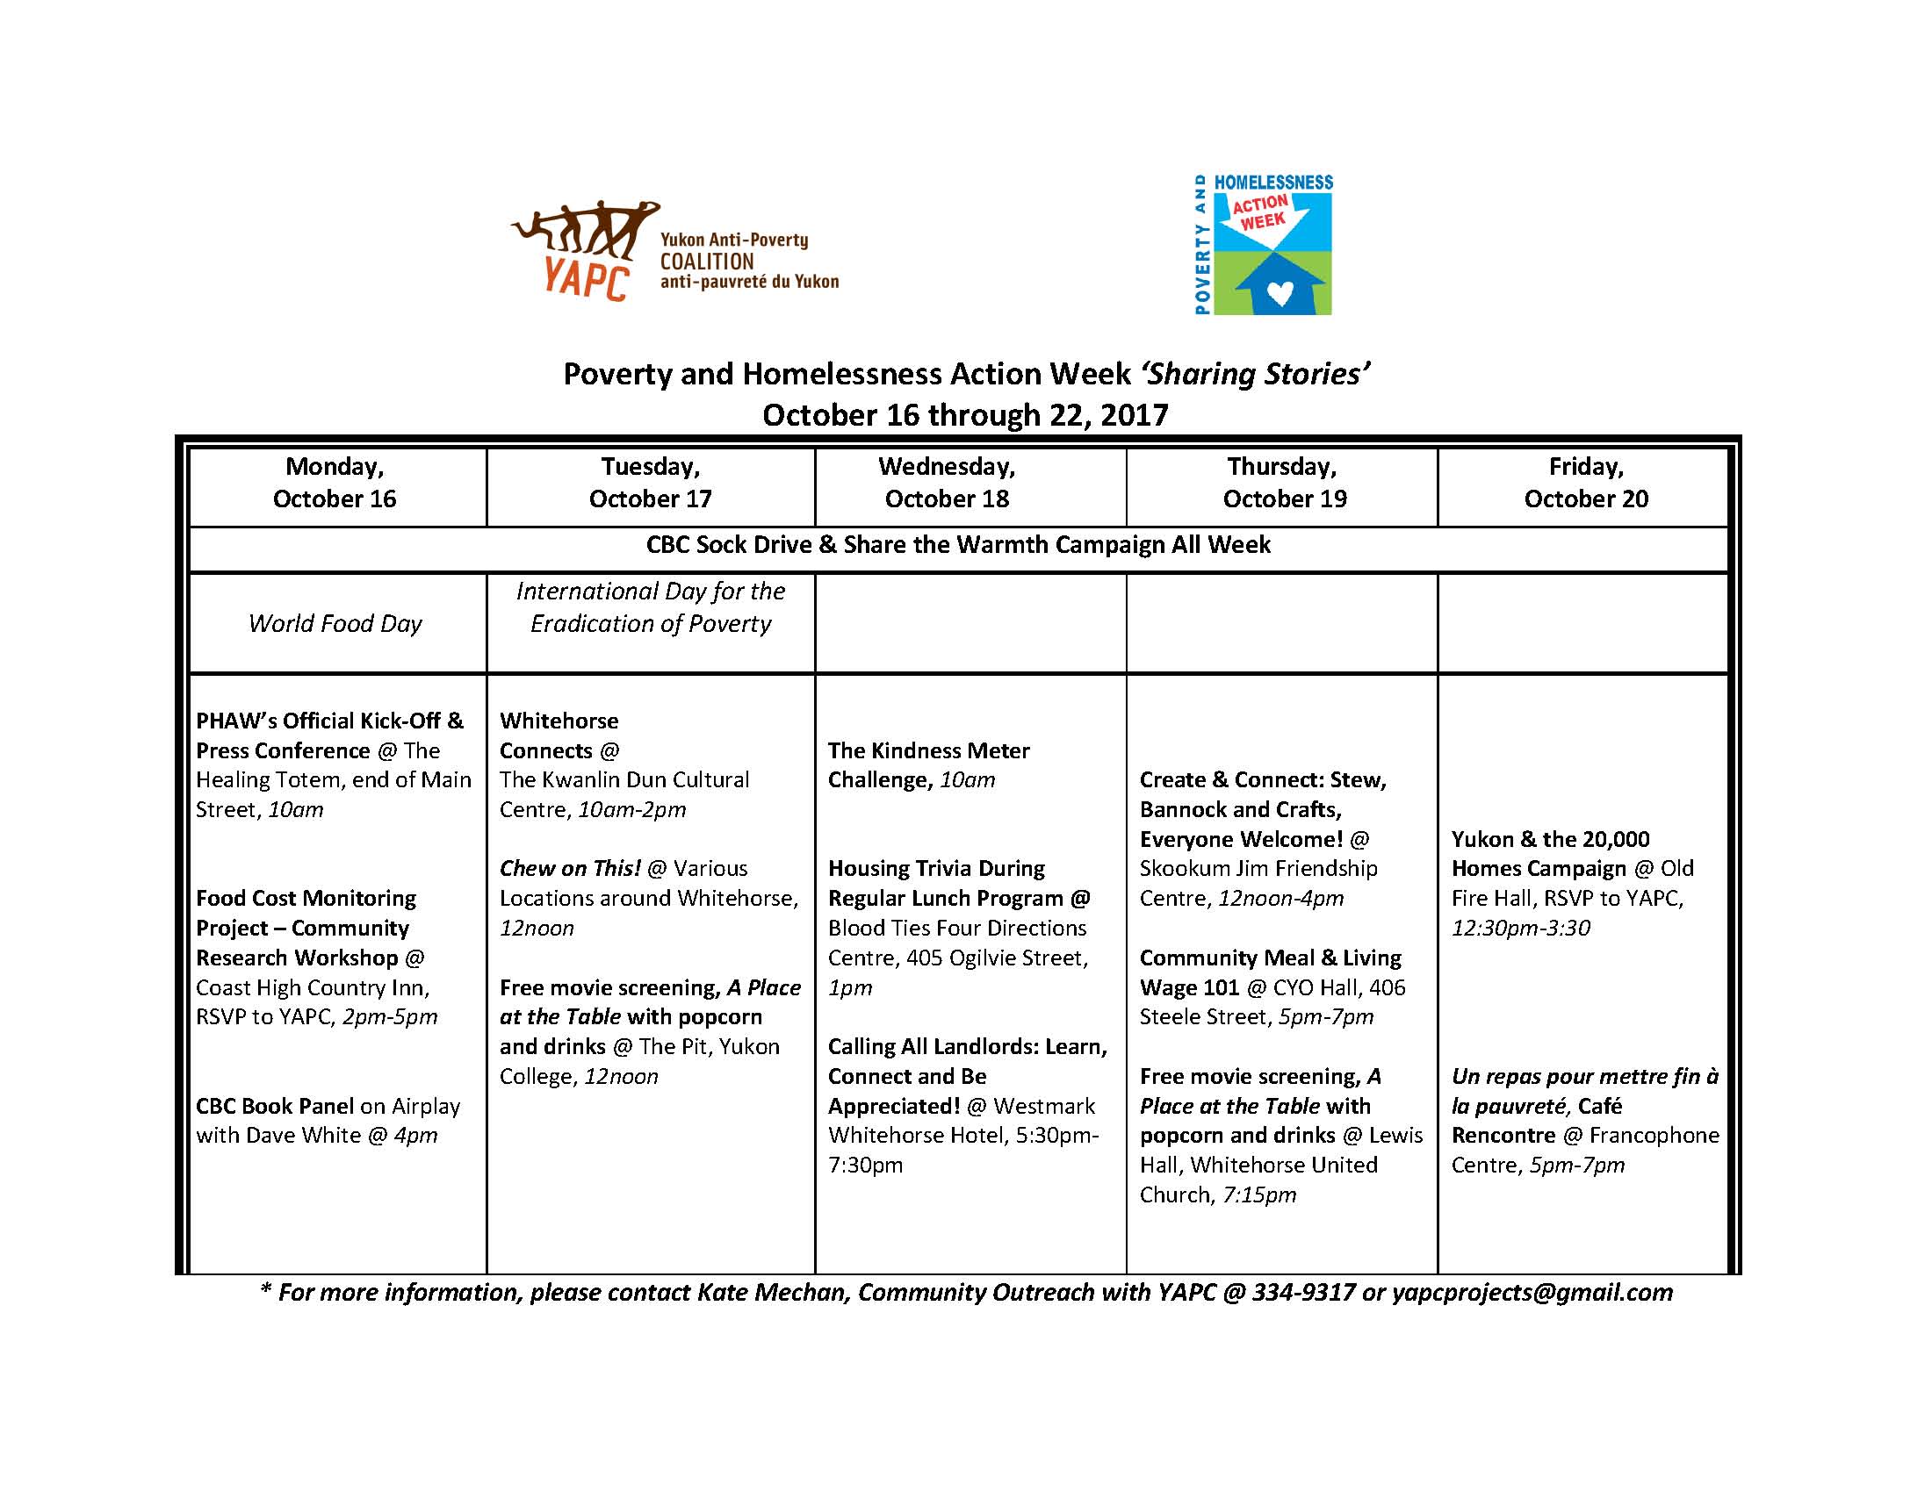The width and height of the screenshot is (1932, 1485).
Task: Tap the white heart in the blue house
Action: [1279, 291]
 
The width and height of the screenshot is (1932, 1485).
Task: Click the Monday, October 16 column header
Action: [335, 483]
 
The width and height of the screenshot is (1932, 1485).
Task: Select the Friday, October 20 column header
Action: [1585, 483]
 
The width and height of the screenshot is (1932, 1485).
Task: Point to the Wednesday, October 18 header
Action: [946, 483]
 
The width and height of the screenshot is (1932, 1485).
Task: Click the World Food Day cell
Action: [335, 623]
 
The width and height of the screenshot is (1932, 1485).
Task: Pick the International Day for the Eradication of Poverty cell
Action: [651, 607]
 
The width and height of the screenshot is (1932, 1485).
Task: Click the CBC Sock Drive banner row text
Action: [957, 544]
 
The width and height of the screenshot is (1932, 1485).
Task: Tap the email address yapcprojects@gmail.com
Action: [1532, 1292]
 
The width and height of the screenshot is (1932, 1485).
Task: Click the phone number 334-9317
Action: [1302, 1292]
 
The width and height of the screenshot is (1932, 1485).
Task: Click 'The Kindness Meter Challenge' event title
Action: [928, 764]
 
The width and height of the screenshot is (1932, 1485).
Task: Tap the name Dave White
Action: [307, 1135]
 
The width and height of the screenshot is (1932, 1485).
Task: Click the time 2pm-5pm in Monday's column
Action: [389, 1016]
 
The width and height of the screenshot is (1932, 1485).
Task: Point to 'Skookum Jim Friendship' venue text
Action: [1258, 868]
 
